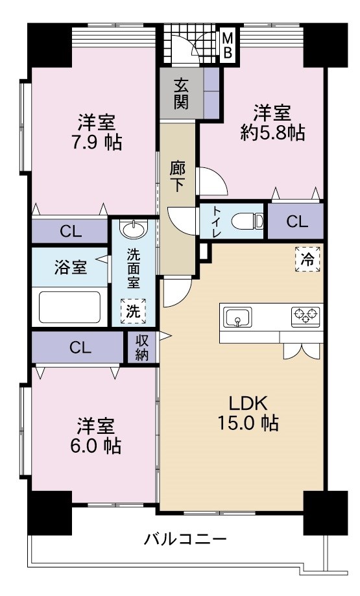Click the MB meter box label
(x=227, y=46)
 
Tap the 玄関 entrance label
(x=181, y=93)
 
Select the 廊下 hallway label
(x=178, y=176)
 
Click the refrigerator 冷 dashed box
(x=307, y=260)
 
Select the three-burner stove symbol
(x=306, y=316)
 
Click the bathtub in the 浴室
(x=69, y=307)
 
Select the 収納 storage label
(x=142, y=348)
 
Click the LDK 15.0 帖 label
(x=248, y=412)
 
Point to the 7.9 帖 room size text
(x=97, y=141)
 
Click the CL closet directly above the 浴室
(x=70, y=232)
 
